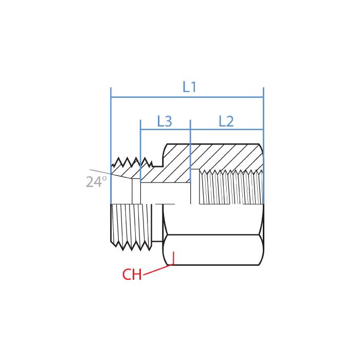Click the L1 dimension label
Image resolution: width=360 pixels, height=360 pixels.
tap(190, 87)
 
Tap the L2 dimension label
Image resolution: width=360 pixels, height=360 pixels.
tap(226, 121)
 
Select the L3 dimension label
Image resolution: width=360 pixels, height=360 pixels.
tap(165, 121)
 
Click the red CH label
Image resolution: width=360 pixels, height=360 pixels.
tap(132, 275)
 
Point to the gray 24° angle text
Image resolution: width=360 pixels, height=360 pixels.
tap(96, 182)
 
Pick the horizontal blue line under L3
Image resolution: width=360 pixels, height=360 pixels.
tap(165, 131)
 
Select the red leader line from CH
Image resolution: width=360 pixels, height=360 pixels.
tap(157, 271)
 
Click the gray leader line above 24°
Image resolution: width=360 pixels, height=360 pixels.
tap(100, 171)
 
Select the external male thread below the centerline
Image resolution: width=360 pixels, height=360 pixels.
tap(132, 226)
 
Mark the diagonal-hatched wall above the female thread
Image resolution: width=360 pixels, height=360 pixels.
tap(226, 156)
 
